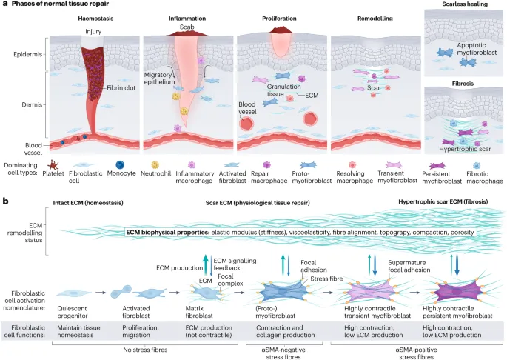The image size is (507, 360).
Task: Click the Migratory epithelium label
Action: click(x=164, y=80)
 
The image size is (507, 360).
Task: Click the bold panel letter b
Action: click(x=6, y=201)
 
